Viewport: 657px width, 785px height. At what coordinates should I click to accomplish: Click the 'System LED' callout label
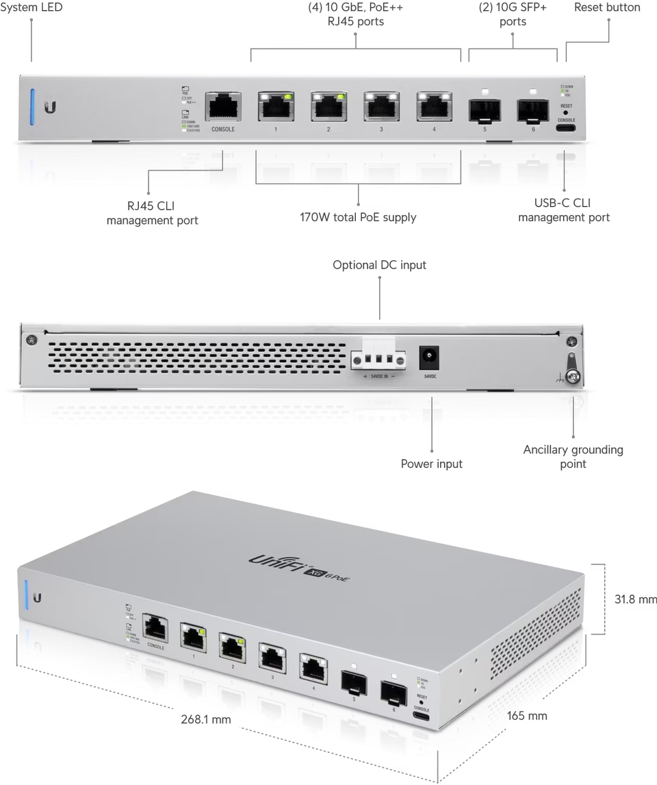pyautogui.click(x=32, y=8)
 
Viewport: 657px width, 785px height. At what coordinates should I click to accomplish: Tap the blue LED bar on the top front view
pyautogui.click(x=32, y=107)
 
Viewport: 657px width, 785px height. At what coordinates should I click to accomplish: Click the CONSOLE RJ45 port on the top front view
pyautogui.click(x=223, y=108)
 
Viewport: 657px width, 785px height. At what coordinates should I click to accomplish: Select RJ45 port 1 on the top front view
pyautogui.click(x=276, y=108)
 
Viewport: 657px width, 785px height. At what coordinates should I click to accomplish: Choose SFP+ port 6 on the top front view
pyautogui.click(x=533, y=110)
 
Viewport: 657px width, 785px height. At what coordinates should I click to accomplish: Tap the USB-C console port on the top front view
pyautogui.click(x=565, y=127)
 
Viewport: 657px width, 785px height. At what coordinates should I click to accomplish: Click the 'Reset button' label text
pyautogui.click(x=607, y=8)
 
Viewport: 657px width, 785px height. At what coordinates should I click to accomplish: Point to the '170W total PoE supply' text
pyautogui.click(x=358, y=218)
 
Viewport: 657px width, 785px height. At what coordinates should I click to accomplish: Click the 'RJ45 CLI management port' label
pyautogui.click(x=152, y=213)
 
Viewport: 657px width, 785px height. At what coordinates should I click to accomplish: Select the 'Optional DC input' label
pyautogui.click(x=379, y=265)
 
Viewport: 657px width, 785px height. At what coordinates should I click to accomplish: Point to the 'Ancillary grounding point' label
pyautogui.click(x=573, y=456)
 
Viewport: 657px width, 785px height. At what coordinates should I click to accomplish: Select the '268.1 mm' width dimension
pyautogui.click(x=206, y=719)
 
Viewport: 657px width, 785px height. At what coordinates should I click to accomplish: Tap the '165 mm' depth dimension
pyautogui.click(x=527, y=716)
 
